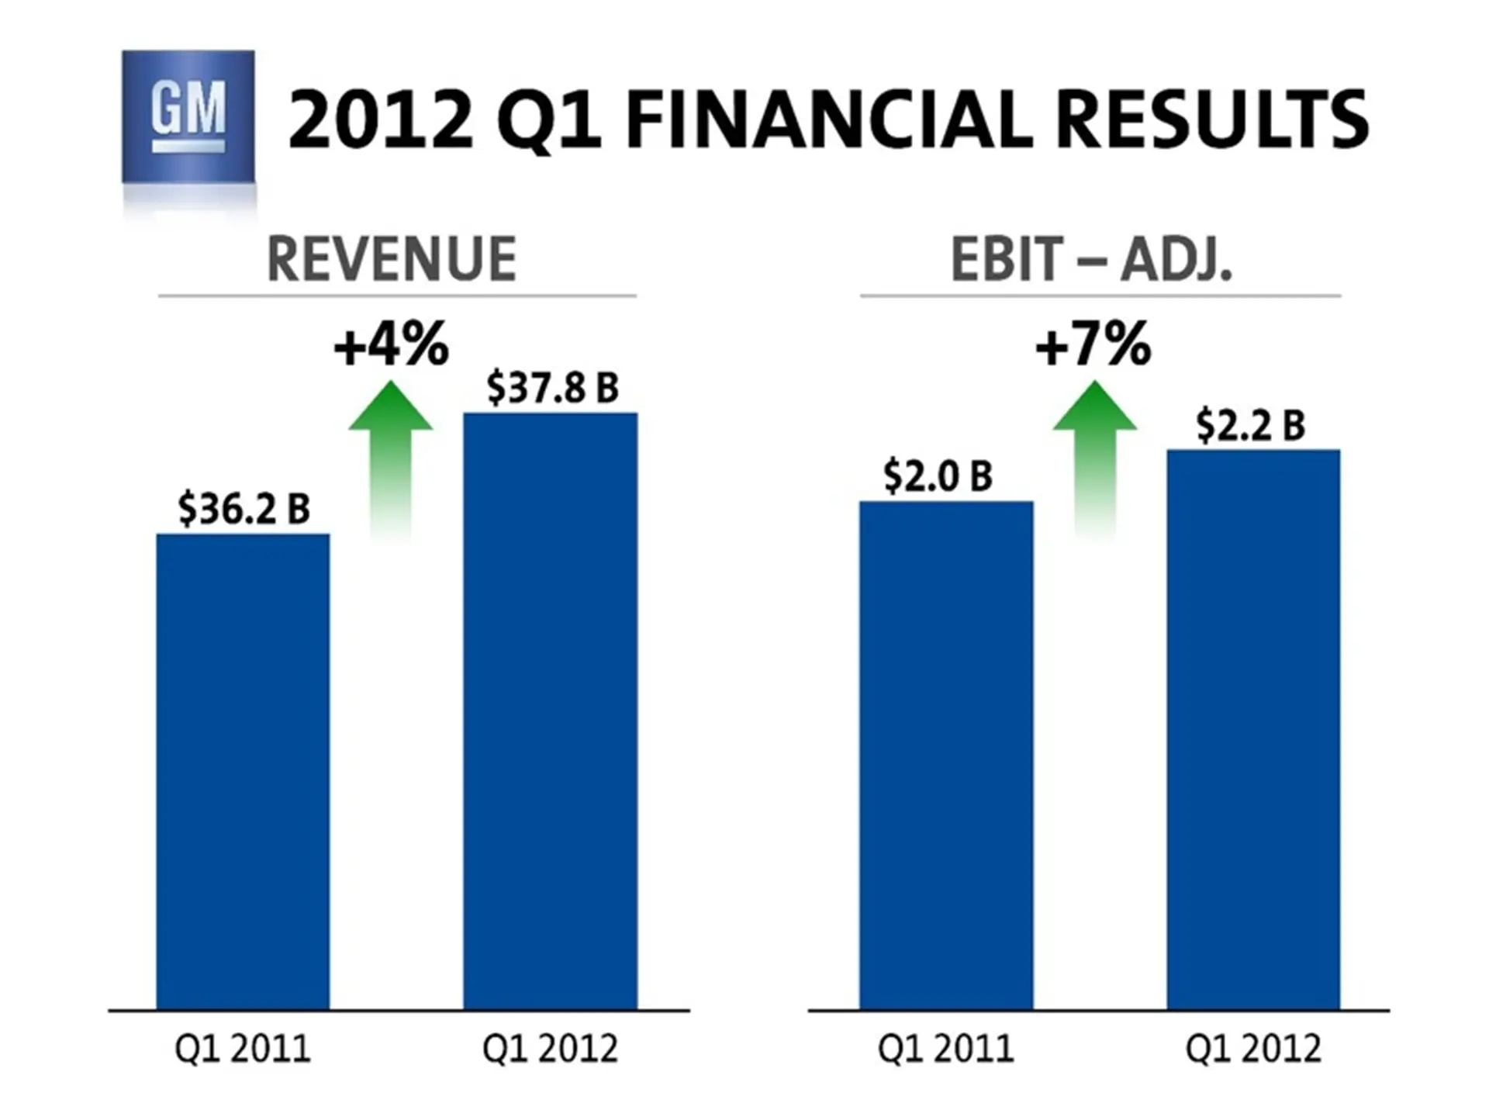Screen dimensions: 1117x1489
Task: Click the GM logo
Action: coord(188,116)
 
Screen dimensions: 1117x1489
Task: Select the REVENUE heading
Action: coord(392,259)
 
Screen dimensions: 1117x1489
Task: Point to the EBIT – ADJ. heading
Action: coord(1091,259)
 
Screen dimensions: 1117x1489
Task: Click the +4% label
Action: coord(392,344)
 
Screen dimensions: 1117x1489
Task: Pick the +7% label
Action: coord(1093,344)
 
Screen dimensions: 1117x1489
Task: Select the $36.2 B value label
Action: coord(244,509)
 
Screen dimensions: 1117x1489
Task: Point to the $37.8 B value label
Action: coord(552,387)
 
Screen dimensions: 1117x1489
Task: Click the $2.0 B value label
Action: coord(938,476)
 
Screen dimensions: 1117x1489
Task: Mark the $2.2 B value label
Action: coord(1250,425)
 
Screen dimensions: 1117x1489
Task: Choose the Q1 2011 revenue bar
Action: coord(243,772)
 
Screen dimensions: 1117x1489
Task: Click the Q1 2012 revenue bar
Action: coord(551,710)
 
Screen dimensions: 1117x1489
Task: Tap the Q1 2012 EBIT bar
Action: coord(1253,729)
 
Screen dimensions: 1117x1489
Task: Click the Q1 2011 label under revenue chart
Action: coord(243,1049)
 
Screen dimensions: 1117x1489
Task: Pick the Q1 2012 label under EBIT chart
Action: coord(1253,1049)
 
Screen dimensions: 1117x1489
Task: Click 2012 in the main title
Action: coord(380,120)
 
